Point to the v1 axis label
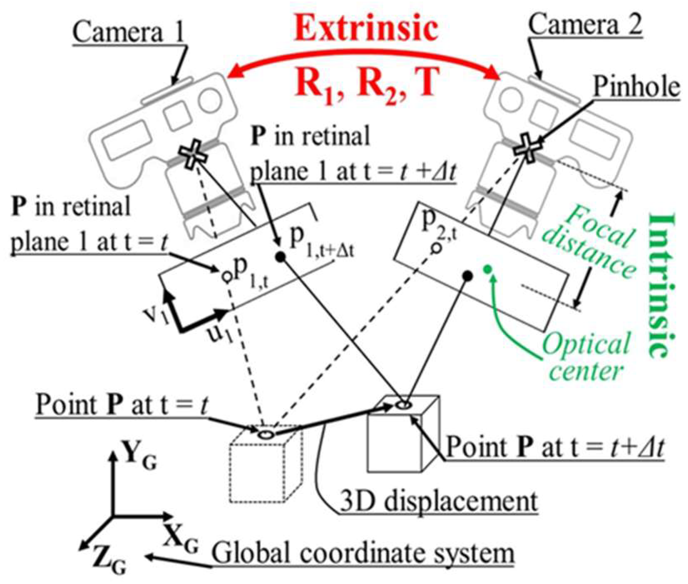coord(154,315)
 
